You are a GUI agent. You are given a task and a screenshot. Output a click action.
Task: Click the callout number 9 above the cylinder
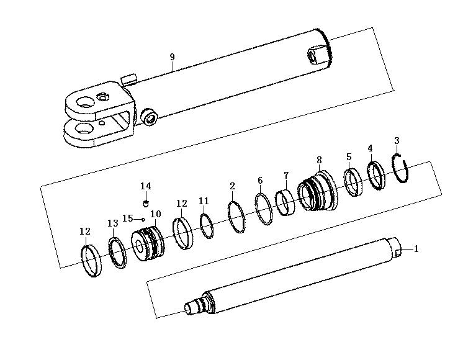point(172,56)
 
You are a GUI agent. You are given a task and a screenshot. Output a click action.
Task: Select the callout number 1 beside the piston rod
point(416,249)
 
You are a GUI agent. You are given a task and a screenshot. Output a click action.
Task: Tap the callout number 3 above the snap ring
point(397,140)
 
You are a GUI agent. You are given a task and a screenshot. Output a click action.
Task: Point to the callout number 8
point(319,160)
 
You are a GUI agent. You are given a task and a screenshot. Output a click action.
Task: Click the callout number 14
point(146,186)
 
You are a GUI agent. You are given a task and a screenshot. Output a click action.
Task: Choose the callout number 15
point(128,218)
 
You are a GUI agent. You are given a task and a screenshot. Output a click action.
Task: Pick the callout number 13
point(112,223)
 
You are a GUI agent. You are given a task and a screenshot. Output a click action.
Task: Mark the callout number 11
point(204,201)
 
